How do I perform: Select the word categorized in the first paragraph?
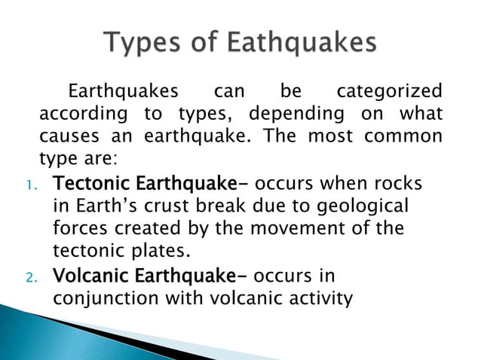[x=389, y=92]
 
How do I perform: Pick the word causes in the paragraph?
[x=65, y=137]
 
